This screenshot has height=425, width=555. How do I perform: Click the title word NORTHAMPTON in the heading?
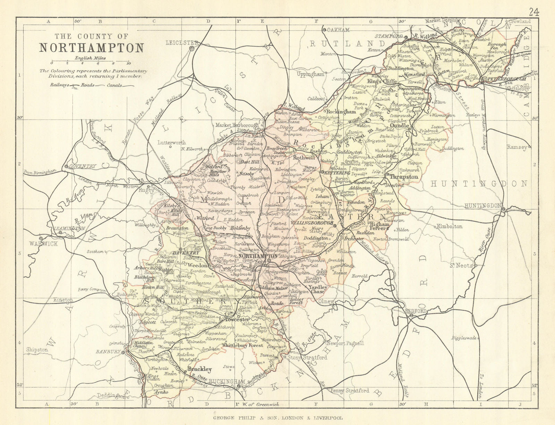click(x=91, y=48)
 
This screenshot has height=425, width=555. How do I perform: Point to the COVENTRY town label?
click(x=82, y=166)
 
